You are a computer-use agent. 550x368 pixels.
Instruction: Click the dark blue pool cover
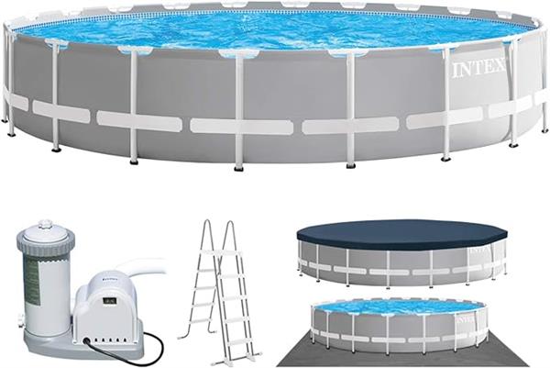click(401, 234)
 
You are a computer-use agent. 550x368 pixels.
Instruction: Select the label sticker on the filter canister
click(32, 280)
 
